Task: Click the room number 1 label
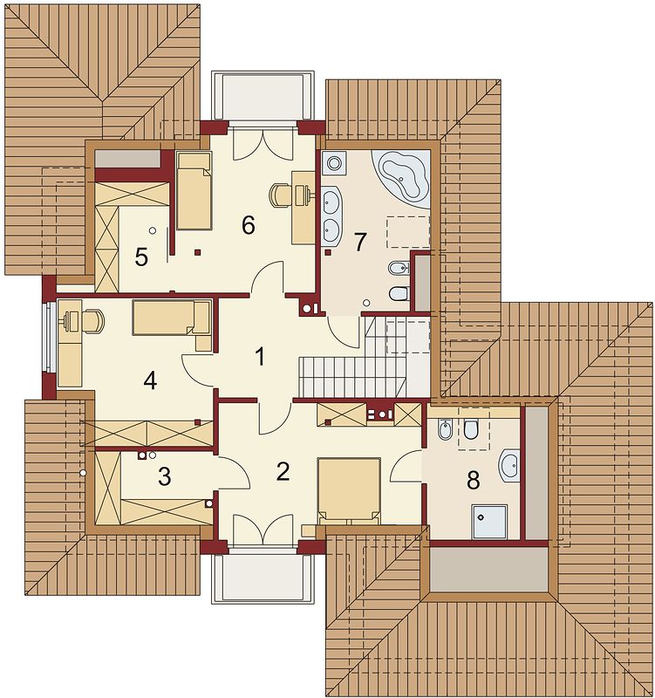click(x=259, y=355)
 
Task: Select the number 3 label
click(x=164, y=476)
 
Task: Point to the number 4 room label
click(x=150, y=381)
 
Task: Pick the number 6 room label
click(x=248, y=225)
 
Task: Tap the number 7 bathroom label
click(x=359, y=242)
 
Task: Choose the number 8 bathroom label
click(x=474, y=480)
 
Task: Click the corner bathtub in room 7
click(x=401, y=177)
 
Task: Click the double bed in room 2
click(x=348, y=489)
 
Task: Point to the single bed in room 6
click(x=194, y=190)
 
